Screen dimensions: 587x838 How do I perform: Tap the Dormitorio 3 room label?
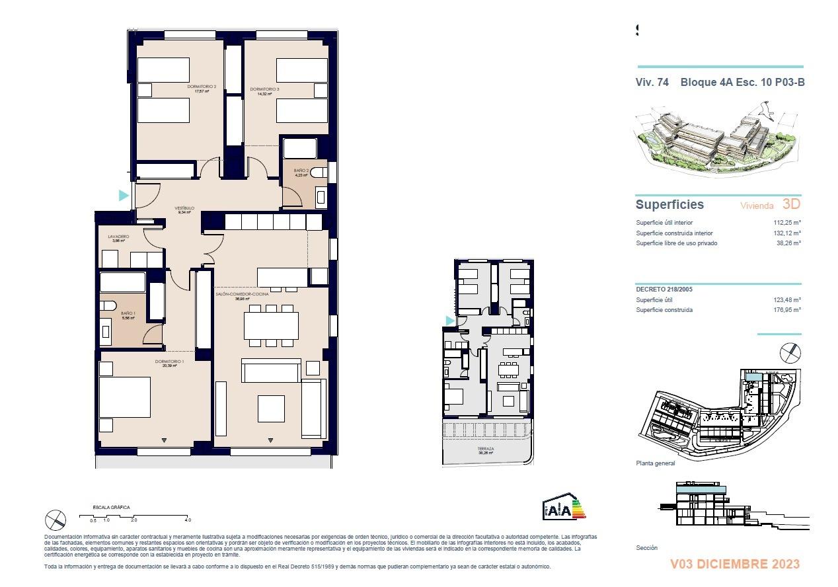(x=264, y=90)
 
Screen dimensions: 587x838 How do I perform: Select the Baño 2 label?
(x=301, y=171)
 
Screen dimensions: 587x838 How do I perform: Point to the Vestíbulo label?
(x=184, y=208)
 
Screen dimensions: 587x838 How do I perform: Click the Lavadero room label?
(x=118, y=237)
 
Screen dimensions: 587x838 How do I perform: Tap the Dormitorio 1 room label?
(x=170, y=362)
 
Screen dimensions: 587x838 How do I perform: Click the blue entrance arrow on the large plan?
(x=123, y=195)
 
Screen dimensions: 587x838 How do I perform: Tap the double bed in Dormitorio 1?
(x=125, y=397)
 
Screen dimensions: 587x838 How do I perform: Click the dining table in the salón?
(x=271, y=325)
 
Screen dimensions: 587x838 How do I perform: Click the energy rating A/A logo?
(x=564, y=508)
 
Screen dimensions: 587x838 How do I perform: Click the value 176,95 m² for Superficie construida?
(x=787, y=309)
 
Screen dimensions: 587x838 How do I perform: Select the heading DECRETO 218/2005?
(x=664, y=290)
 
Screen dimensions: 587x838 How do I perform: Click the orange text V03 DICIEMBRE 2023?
(x=734, y=564)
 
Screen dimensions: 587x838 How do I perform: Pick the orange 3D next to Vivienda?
(x=791, y=204)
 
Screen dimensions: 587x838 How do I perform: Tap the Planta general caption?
(x=655, y=463)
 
